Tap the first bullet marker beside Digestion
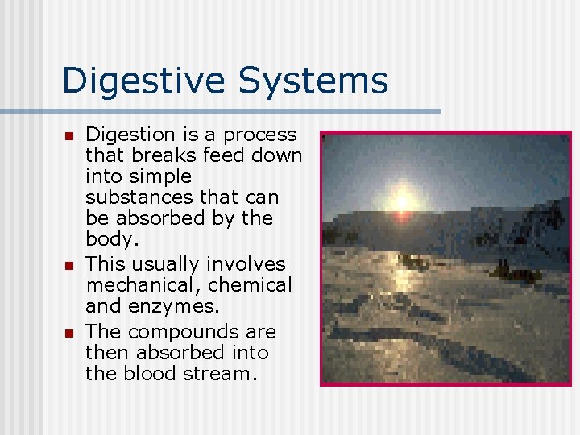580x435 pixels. coord(69,135)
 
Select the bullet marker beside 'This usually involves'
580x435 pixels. coord(69,265)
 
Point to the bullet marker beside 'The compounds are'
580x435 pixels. coord(69,333)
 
